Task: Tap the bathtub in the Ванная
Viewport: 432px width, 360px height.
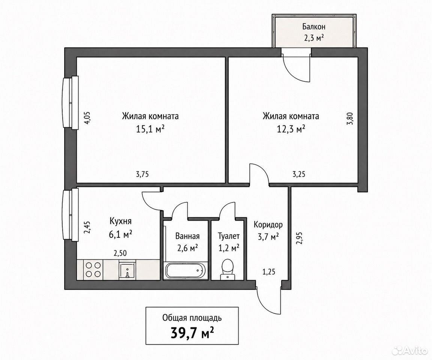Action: click(184, 271)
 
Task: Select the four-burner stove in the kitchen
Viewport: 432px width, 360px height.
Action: click(93, 269)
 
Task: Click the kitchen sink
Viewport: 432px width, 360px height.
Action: click(127, 270)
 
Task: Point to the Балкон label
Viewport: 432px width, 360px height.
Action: click(314, 27)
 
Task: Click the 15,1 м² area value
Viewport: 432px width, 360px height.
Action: click(150, 129)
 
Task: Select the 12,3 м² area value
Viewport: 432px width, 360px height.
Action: click(291, 129)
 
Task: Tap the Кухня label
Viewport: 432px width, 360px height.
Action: click(121, 221)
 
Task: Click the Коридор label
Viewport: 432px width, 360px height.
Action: click(268, 225)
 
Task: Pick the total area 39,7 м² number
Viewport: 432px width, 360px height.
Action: click(193, 333)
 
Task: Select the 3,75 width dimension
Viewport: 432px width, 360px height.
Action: click(142, 174)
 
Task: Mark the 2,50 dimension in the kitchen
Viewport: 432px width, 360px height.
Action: click(120, 253)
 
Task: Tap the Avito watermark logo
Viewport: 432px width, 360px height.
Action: click(411, 350)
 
